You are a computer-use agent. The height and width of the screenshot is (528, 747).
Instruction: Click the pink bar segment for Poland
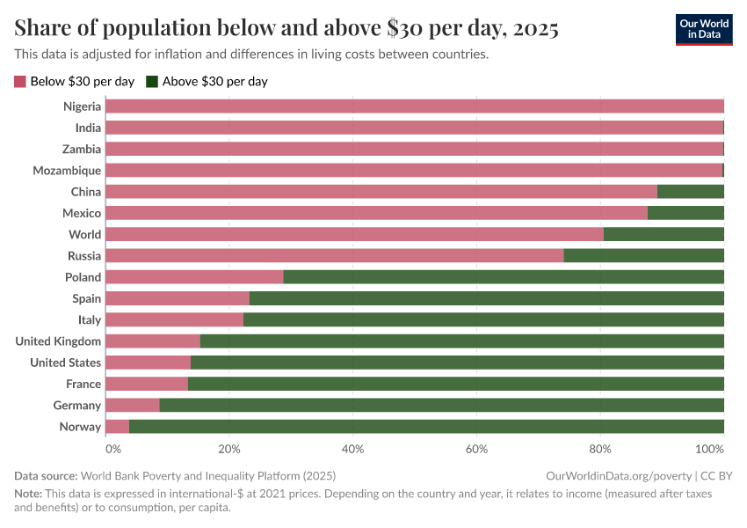click(194, 277)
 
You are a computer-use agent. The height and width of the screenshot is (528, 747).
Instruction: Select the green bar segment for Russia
click(643, 256)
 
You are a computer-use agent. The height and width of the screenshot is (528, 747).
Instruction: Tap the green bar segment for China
click(690, 192)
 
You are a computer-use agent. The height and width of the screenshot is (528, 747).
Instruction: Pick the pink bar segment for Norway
click(117, 427)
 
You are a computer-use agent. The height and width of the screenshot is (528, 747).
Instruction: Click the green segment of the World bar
click(664, 234)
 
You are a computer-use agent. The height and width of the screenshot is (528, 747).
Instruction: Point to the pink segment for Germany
click(132, 406)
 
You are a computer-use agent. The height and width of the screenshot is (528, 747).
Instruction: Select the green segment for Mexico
click(685, 213)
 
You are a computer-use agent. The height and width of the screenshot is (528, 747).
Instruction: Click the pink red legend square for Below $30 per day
click(20, 82)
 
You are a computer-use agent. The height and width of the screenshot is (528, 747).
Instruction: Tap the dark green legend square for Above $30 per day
click(152, 82)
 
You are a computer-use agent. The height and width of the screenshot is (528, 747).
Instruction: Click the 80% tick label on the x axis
click(600, 449)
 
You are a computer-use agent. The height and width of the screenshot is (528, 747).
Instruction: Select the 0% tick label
click(112, 449)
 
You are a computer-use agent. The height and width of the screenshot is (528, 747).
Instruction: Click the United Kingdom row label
click(58, 341)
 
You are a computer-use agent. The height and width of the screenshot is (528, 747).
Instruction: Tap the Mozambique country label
click(67, 171)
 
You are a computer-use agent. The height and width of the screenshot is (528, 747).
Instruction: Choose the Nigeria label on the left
click(82, 106)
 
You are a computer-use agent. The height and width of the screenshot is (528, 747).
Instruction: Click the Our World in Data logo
click(704, 29)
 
